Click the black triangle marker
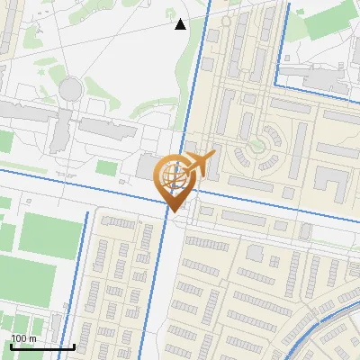tap(180, 24)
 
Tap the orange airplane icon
tap(201, 163)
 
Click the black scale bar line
tap(41, 346)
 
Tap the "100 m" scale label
tap(23, 337)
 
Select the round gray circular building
tap(69, 89)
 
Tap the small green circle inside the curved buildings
tap(265, 141)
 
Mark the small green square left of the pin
tap(106, 168)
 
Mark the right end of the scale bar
tap(74, 346)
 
